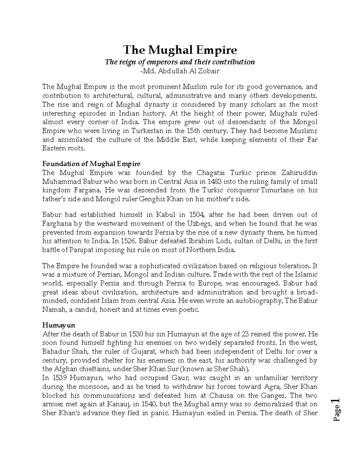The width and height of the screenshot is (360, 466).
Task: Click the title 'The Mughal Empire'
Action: pos(180,50)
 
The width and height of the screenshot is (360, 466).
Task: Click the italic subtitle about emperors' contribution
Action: pos(179,62)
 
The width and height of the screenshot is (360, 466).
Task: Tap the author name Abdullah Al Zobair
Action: pos(183,71)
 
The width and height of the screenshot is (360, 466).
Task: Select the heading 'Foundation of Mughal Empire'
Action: pos(91,164)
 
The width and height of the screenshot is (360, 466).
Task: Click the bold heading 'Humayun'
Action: pos(58,325)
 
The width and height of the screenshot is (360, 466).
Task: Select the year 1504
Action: pos(196,215)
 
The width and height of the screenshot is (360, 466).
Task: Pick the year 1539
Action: pos(58,378)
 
